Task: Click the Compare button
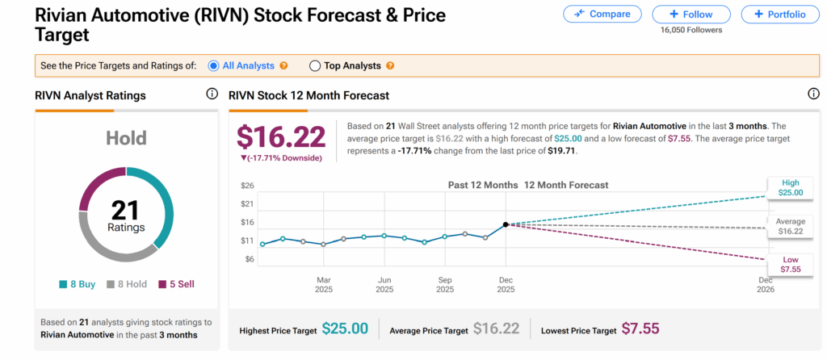point(602,14)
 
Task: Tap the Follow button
point(691,14)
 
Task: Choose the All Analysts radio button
point(214,65)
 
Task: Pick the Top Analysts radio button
point(315,65)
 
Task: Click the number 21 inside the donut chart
point(126,211)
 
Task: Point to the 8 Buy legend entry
point(78,284)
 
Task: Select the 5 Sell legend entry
point(176,284)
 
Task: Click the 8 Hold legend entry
point(127,284)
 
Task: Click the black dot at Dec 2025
point(506,224)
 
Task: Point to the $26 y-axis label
point(247,186)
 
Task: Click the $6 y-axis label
point(249,259)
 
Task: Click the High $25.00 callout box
point(791,187)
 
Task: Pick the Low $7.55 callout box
point(791,263)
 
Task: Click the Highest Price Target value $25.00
point(345,329)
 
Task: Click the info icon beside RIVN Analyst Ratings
point(212,94)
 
